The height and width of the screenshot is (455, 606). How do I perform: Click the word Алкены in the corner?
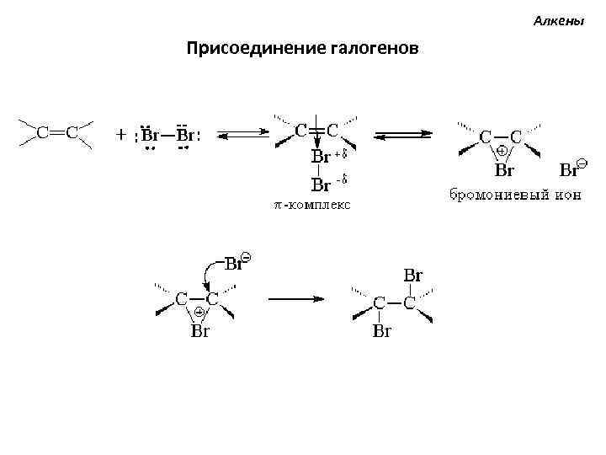point(559,20)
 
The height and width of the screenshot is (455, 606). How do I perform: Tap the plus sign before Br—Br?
point(121,134)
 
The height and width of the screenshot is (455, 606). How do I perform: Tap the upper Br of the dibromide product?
point(413,276)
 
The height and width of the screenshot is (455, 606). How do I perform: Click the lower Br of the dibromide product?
point(382,331)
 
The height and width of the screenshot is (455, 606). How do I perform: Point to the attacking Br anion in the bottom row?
point(235,263)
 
